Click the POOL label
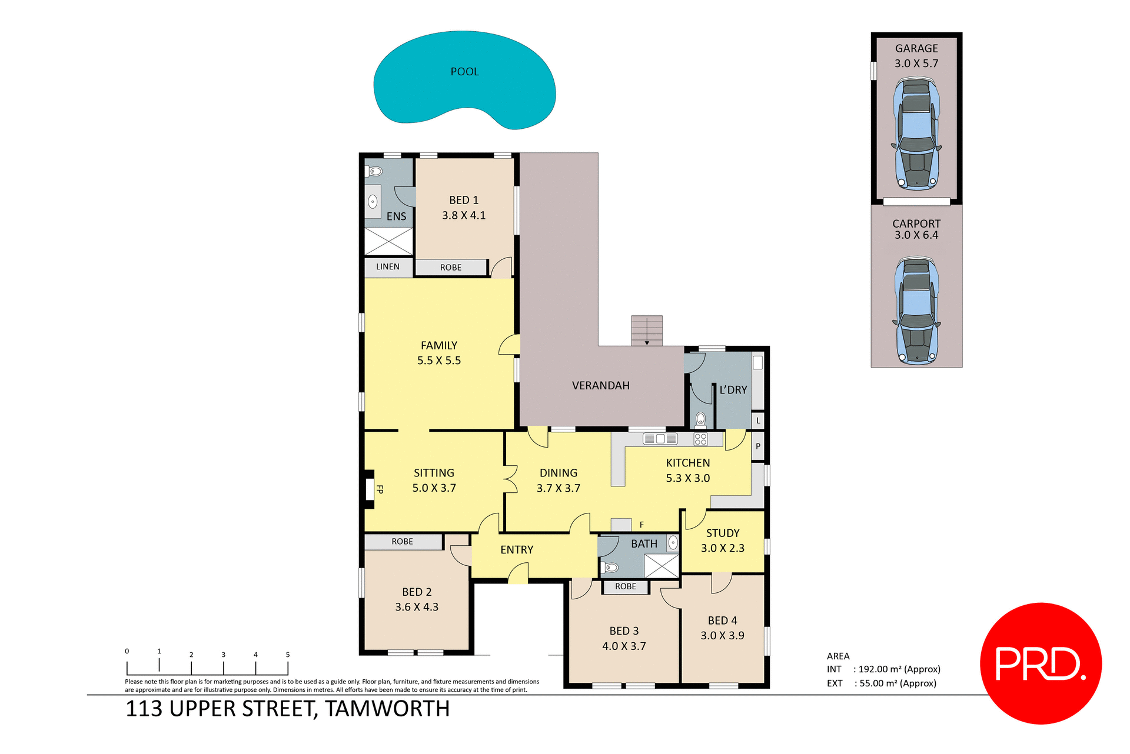coord(464,72)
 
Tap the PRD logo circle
coord(1041,663)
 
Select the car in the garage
coord(916,135)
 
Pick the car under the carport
coord(916,310)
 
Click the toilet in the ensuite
coord(375,172)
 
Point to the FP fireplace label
coord(380,489)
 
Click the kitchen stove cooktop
coord(700,439)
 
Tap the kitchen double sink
coord(660,439)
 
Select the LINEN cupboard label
coord(388,267)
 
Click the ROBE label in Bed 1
coord(451,268)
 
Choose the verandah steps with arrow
coord(647,331)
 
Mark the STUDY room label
coord(723,533)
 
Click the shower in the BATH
coord(662,566)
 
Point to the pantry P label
coord(758,446)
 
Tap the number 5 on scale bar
coord(288,655)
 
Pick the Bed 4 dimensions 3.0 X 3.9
coord(722,636)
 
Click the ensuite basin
coord(373,202)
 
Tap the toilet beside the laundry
coord(700,419)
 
